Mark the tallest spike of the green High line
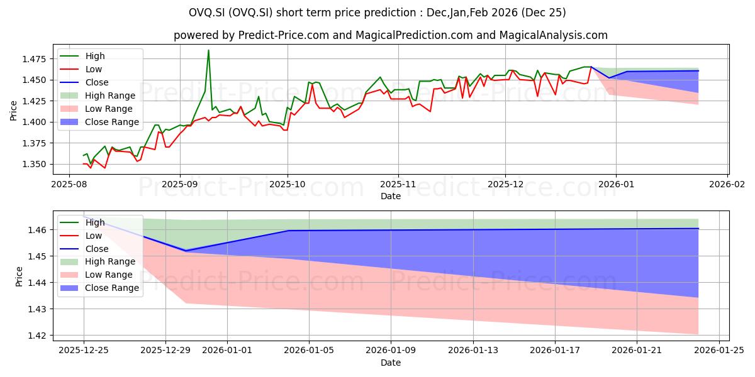click(x=208, y=50)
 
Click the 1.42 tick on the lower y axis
click(x=38, y=336)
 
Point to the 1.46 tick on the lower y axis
click(x=38, y=230)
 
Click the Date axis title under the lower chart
click(x=391, y=363)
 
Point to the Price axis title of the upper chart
click(x=14, y=110)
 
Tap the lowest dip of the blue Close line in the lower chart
click(x=186, y=251)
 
